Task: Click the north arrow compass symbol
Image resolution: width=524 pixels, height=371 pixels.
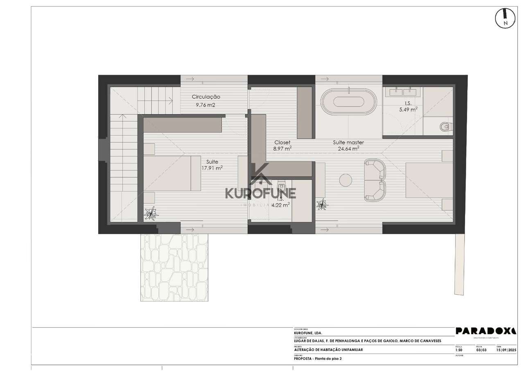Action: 505,18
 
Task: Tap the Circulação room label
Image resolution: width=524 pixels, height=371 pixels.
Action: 206,97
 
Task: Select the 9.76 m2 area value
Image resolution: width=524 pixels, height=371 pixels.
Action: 206,105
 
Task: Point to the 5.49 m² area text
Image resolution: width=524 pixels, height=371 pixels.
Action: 408,109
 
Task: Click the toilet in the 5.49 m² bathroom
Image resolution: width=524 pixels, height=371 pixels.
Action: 445,127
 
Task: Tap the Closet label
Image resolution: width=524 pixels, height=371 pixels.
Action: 282,142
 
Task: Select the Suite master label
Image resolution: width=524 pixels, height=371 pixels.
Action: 348,142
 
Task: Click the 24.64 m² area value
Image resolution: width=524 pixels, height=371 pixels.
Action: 348,149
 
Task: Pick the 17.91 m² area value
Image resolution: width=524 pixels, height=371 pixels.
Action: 212,168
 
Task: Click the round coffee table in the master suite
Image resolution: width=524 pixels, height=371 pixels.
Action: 346,181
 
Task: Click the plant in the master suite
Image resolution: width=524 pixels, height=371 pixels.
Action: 323,204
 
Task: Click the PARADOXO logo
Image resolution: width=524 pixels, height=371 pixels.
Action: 486,331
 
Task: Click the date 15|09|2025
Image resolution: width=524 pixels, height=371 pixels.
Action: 506,350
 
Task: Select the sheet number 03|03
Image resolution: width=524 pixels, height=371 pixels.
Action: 481,350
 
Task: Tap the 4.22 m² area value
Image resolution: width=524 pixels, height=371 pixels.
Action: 281,204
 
